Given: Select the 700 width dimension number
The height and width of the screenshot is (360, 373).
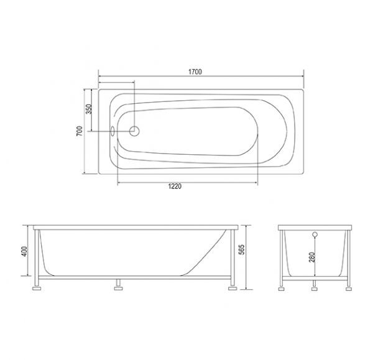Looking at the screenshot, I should click(x=80, y=132).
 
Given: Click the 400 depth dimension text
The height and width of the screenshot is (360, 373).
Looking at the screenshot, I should click(x=24, y=251).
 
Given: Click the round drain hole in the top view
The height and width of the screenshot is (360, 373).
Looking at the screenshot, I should click(x=134, y=131).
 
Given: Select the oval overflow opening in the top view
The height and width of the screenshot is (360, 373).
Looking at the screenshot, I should click(x=112, y=131).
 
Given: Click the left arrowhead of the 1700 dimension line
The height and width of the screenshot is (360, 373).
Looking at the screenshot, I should click(x=101, y=78).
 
